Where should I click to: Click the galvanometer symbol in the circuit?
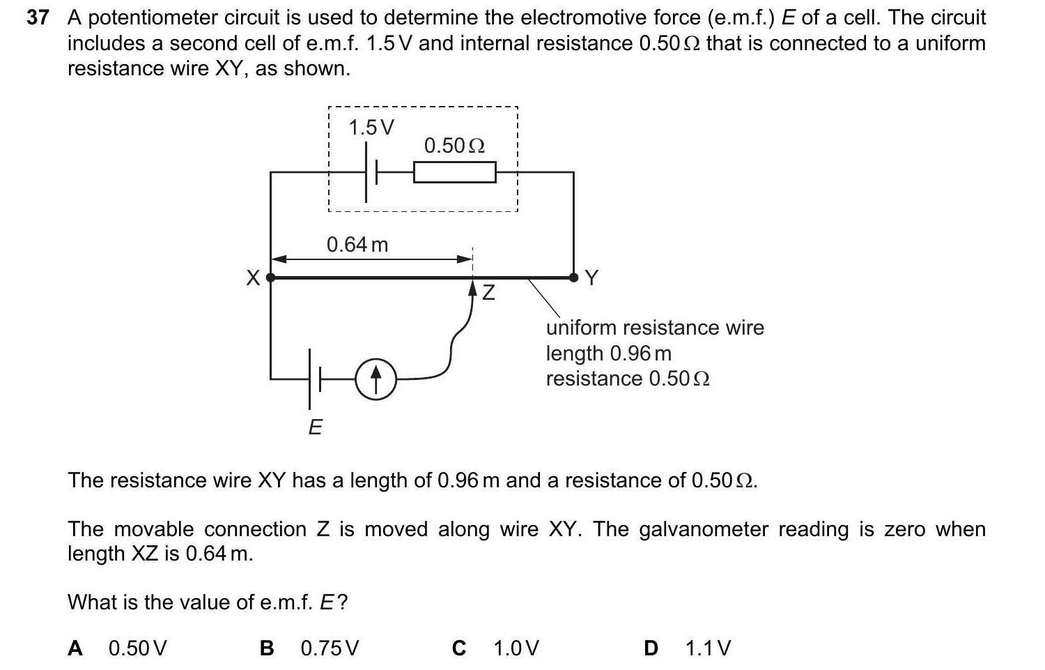click(376, 379)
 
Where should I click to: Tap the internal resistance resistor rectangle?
click(454, 172)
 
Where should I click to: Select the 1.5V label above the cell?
click(371, 128)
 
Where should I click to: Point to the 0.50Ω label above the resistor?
click(454, 146)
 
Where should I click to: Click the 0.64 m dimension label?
click(357, 245)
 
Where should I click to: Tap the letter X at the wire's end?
click(254, 278)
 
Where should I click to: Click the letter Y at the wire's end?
click(591, 278)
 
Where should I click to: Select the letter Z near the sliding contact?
click(489, 293)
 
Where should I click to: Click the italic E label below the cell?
click(315, 427)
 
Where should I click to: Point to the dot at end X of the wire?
click(271, 277)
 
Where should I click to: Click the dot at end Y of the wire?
click(573, 277)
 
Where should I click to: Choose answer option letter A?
click(75, 648)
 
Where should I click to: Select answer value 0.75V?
click(330, 648)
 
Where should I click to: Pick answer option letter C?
click(458, 648)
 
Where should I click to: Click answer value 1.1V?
click(708, 648)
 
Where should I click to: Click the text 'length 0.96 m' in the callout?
click(609, 353)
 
